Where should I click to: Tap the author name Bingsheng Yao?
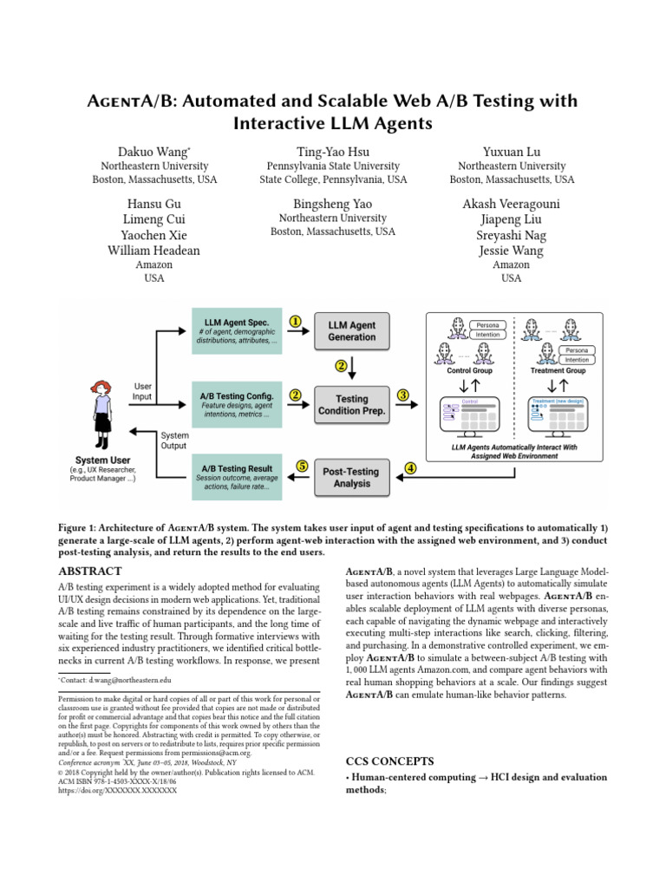click(332, 203)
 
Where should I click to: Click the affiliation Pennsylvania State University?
click(333, 166)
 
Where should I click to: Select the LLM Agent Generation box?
click(351, 330)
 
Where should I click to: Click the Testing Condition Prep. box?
click(351, 405)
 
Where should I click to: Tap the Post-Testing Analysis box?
click(351, 478)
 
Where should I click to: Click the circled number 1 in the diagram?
click(295, 321)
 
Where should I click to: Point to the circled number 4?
click(409, 467)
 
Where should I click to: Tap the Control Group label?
click(469, 370)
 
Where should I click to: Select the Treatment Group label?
click(558, 370)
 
